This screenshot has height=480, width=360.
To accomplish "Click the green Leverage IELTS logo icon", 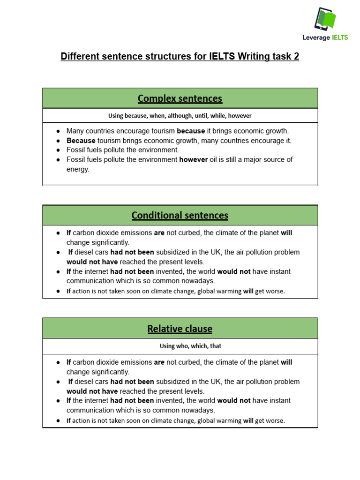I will coord(325,19).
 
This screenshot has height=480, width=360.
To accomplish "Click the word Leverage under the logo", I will coord(316,37).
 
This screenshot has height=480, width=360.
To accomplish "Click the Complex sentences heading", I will coord(180,98).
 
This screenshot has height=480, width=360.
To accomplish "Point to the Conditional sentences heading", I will coord(180,215).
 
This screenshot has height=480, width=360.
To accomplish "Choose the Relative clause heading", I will coord(180,329).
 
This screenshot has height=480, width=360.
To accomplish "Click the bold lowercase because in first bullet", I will coord(191,131).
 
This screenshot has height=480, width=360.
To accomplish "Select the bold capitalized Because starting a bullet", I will coord(81,141).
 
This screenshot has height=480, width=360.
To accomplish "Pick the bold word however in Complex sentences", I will coord(194,159).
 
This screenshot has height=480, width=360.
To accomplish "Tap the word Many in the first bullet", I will coord(75,131).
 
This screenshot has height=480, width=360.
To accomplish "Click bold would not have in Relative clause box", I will coord(92,391).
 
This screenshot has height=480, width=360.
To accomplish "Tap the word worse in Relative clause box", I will coord(275,420).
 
